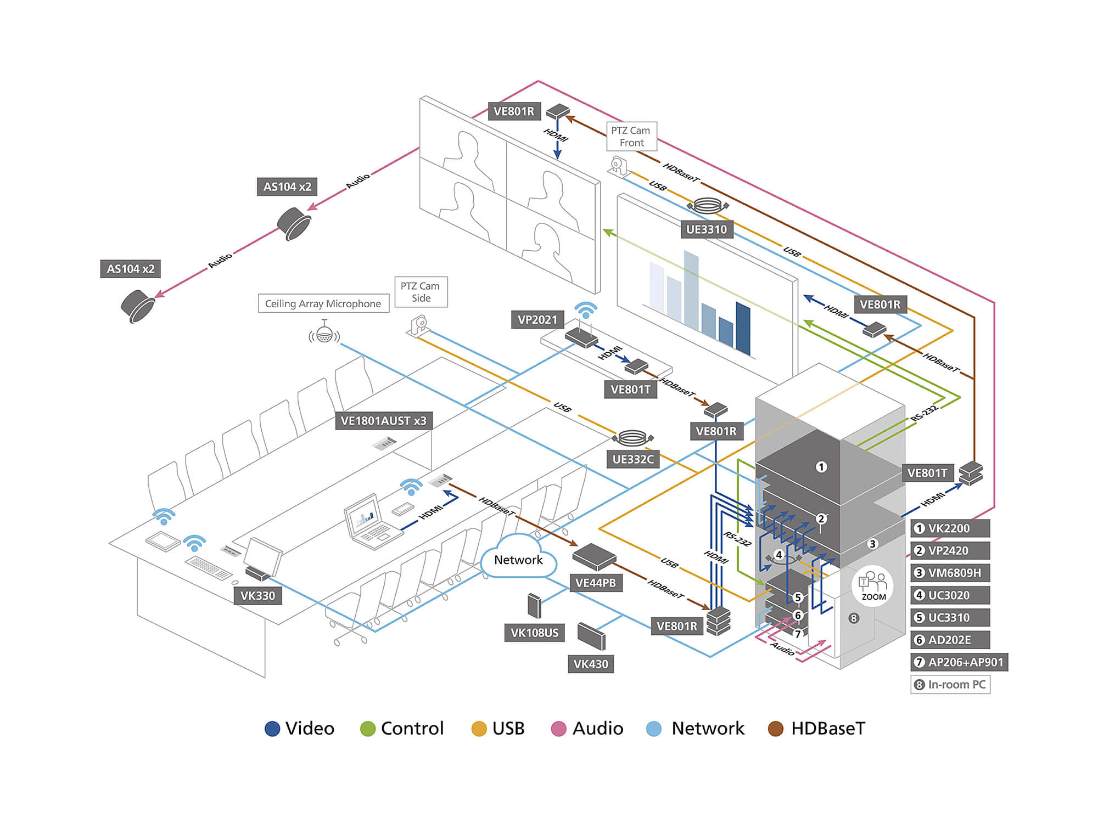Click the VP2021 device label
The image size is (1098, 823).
coord(537,319)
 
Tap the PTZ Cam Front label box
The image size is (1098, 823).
coord(631,137)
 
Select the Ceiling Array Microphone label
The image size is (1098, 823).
coord(323,303)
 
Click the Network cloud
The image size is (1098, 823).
coord(518,559)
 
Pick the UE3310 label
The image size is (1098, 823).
coord(707,229)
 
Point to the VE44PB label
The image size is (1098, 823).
coord(596,583)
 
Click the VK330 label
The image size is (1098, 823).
coord(257,596)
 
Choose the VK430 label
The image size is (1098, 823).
coord(591,664)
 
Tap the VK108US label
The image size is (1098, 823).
coord(534,633)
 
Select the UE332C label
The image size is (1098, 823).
coord(633,459)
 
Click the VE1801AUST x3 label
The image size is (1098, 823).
coord(383,421)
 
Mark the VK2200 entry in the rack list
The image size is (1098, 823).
coord(950,528)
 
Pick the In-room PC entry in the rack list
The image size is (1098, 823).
coord(950,685)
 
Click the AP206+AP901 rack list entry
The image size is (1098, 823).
coord(959,662)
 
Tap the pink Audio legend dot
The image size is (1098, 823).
coord(558,729)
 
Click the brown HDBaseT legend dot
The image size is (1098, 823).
coord(775,729)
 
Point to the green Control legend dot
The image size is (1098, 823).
coord(367,729)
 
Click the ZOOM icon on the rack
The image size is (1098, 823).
coord(873,586)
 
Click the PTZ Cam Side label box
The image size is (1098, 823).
coord(421,292)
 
